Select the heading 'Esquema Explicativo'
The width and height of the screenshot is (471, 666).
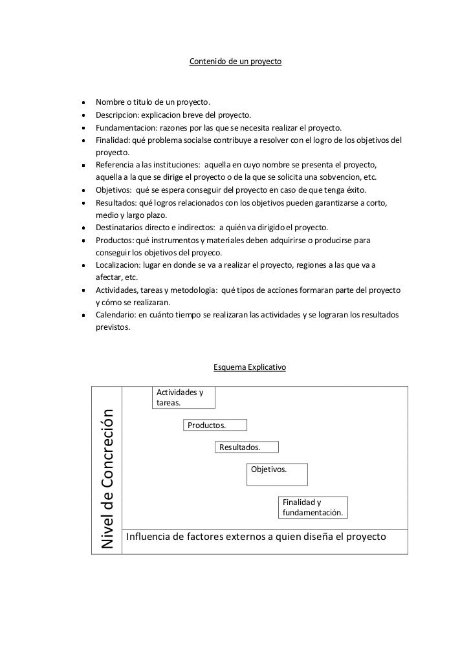tap(249, 367)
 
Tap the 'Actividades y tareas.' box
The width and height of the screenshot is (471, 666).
tap(184, 398)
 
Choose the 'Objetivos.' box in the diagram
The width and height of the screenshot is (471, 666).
tap(277, 474)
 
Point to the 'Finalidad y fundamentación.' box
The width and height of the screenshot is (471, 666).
tap(314, 508)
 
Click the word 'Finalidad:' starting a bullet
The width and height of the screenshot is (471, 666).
tap(113, 140)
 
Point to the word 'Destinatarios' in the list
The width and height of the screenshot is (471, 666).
tap(120, 228)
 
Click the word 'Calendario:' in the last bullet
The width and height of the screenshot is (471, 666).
tap(115, 315)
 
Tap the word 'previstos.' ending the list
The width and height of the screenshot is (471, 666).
tap(113, 327)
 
